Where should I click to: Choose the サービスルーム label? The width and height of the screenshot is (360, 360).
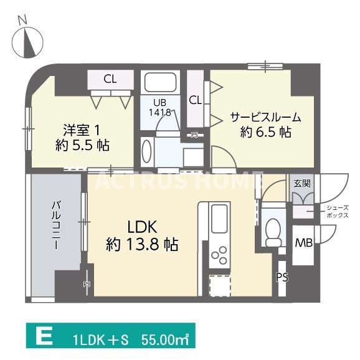tap(265, 116)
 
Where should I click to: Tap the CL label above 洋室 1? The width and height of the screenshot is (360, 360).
tap(110, 78)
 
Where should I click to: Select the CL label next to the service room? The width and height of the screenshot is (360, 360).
tap(195, 100)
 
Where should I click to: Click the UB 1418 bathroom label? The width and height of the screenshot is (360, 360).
tap(159, 108)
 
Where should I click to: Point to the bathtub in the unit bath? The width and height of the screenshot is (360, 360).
tap(160, 83)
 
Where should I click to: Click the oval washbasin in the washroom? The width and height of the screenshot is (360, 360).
tap(147, 151)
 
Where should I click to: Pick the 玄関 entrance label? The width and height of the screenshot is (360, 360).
tap(303, 184)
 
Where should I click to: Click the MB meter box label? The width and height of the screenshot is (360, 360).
tap(303, 242)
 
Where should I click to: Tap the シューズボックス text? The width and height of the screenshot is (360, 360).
tap(337, 211)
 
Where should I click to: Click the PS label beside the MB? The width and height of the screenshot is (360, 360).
tap(282, 277)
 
